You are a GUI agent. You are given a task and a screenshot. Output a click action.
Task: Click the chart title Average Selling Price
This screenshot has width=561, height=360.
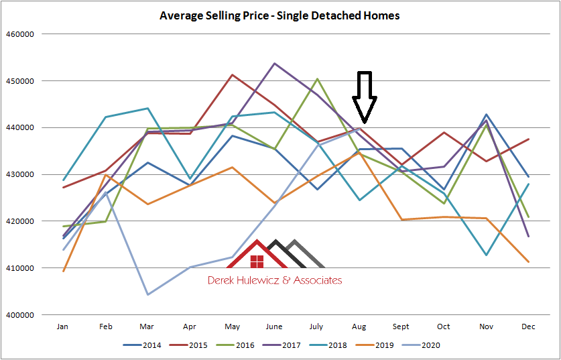click(x=279, y=15)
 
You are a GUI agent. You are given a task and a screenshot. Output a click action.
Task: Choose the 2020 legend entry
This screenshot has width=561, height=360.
click(x=426, y=345)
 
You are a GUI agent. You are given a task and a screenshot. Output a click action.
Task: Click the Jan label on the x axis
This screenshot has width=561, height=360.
click(x=62, y=326)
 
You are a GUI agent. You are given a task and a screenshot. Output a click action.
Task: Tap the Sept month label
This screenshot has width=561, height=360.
click(x=400, y=326)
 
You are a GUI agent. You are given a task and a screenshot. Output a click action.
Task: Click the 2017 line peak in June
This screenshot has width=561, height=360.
click(x=275, y=64)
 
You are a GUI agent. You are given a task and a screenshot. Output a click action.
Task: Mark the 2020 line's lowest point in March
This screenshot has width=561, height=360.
click(x=147, y=294)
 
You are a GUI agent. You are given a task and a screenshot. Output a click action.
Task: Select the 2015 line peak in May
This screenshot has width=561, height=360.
click(x=232, y=75)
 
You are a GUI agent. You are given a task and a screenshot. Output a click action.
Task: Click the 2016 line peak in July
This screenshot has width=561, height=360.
click(x=317, y=79)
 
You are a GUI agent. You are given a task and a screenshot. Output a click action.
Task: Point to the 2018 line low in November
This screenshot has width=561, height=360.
click(x=486, y=255)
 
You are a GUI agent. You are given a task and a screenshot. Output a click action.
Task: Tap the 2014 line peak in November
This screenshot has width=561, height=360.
click(x=486, y=115)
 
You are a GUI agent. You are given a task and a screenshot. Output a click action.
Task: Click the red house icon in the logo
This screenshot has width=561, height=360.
click(x=256, y=258)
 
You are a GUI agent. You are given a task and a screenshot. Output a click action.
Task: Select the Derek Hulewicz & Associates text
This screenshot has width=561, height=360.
click(x=275, y=280)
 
